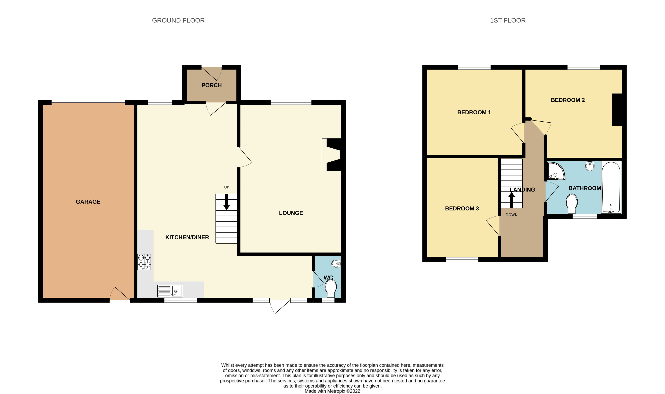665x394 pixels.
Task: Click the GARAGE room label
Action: pos(88,202)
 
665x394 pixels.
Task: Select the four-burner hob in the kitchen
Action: pos(144,262)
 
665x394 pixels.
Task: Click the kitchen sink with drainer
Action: pos(170,291)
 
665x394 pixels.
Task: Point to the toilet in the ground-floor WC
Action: pos(331,289)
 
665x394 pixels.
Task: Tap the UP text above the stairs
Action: pos(226,187)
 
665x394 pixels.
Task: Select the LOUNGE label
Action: pos(291,213)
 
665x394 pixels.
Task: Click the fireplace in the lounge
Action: pos(331,155)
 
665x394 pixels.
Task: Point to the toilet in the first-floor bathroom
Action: pos(572,204)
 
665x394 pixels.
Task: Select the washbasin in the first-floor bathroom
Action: pos(590,166)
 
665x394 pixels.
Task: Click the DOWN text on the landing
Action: pos(511,215)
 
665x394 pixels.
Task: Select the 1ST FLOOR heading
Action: pos(508,20)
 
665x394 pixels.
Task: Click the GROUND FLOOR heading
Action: pos(178,20)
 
